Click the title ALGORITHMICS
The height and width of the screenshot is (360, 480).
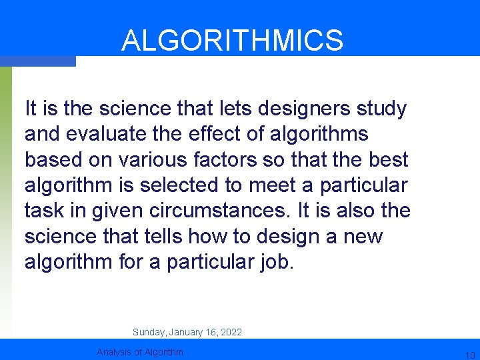coord(232,40)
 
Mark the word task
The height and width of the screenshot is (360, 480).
coord(44,210)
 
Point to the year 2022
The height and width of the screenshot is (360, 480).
coord(231,332)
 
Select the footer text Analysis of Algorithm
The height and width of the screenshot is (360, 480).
coord(140,352)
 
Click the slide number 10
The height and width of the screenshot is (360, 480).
coord(469,354)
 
